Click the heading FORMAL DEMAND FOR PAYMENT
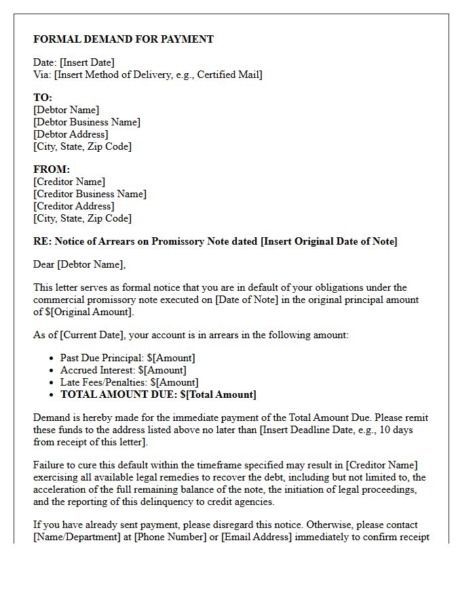(x=123, y=39)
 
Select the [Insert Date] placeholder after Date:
(x=87, y=63)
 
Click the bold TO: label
(x=43, y=98)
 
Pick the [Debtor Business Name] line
(x=87, y=122)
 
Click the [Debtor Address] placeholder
(x=71, y=134)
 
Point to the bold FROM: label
(x=52, y=169)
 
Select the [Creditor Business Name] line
(x=90, y=194)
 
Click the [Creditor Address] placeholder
(x=73, y=206)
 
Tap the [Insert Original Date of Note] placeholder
(x=329, y=241)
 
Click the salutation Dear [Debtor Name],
(x=79, y=264)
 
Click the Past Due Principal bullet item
(x=128, y=358)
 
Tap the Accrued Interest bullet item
(x=123, y=370)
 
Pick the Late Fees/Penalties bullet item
(x=129, y=382)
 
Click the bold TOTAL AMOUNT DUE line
(x=158, y=394)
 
